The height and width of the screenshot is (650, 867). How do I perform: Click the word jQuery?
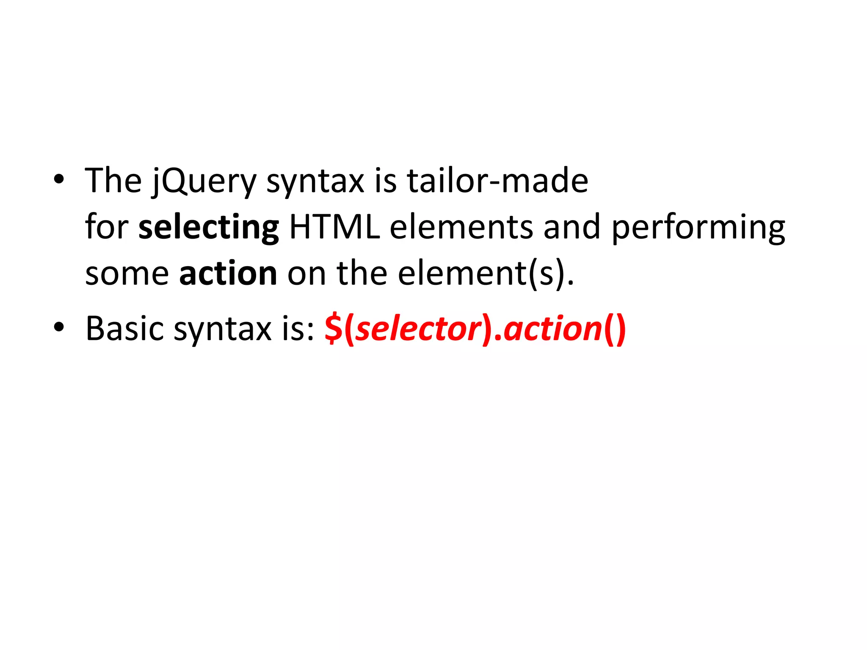[204, 181]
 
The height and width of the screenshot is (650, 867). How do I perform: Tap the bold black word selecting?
[208, 228]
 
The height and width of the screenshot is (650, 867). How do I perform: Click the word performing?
[698, 228]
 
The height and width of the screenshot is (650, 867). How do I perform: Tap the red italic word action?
[553, 329]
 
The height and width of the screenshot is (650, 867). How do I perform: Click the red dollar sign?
[334, 329]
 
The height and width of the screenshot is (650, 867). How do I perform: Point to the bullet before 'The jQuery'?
[59, 179]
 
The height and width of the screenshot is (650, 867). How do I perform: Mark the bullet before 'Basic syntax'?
[59, 327]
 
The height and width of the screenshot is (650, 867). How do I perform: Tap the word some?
[127, 274]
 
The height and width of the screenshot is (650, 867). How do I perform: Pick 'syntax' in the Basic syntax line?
[222, 330]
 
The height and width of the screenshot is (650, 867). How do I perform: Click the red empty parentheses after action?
[615, 329]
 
